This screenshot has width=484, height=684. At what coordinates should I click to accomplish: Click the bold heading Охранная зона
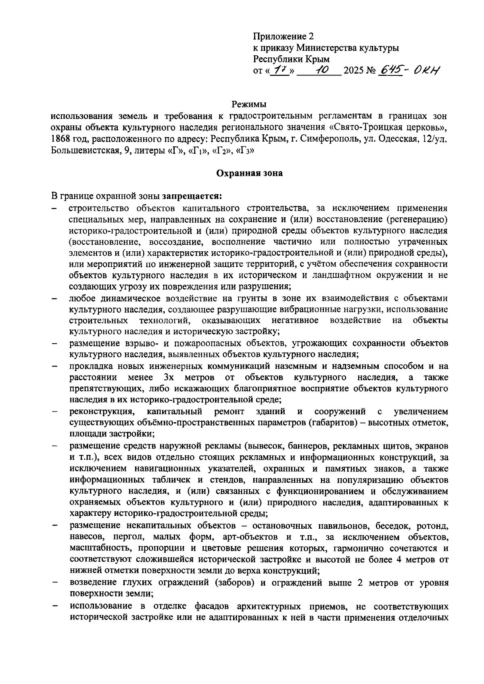[250, 173]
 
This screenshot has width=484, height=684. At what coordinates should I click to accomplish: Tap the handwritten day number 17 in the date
[277, 71]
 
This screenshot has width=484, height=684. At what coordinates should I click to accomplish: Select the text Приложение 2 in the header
[283, 36]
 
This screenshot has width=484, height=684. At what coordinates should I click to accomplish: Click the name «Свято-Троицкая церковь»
[387, 128]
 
